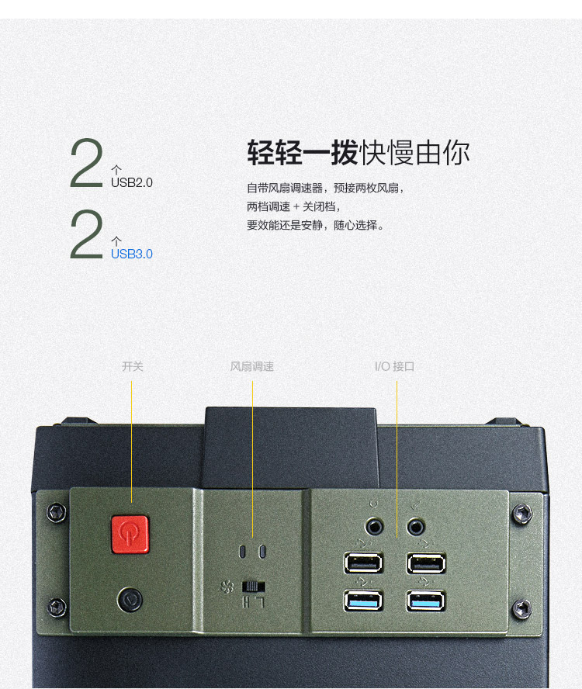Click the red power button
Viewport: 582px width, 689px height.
(130, 535)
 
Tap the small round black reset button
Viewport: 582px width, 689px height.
(130, 599)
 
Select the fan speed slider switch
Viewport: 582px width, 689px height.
(254, 587)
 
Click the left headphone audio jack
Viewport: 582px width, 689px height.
(375, 526)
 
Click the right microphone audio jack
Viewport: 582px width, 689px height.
(415, 526)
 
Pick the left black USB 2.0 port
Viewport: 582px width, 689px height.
(363, 563)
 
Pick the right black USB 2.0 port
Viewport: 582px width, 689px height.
(426, 563)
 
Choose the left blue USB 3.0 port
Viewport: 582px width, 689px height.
(363, 601)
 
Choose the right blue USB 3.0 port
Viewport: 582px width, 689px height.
(426, 601)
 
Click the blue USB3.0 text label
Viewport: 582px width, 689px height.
(131, 254)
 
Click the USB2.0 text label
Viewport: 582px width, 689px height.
(131, 183)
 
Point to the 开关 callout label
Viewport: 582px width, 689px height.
(133, 366)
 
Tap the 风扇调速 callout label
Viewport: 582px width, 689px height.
(252, 366)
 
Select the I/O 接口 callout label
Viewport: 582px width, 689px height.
(395, 366)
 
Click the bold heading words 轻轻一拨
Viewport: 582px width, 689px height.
(303, 153)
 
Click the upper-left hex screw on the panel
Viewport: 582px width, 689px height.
(57, 512)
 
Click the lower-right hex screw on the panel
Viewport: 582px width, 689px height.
(522, 609)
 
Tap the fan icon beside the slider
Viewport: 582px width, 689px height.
(227, 587)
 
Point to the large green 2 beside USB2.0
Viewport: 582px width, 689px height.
(87, 163)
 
